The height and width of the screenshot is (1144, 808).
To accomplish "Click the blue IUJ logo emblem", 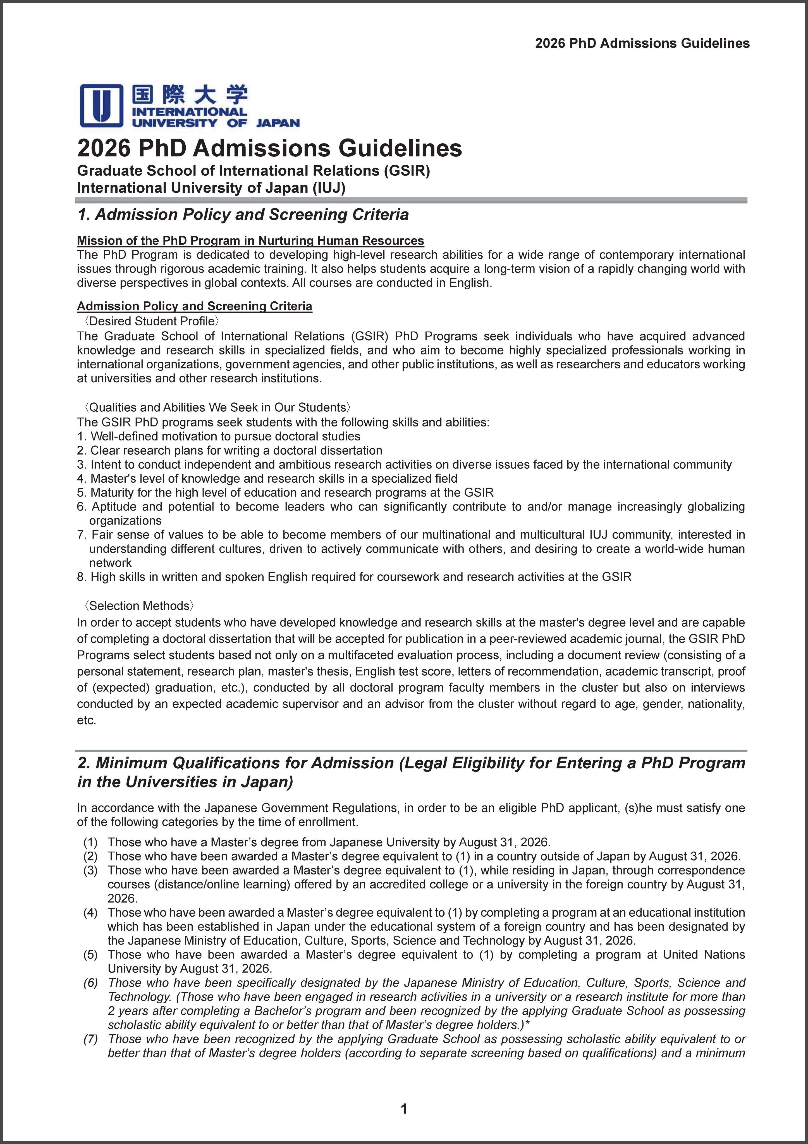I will (x=102, y=105).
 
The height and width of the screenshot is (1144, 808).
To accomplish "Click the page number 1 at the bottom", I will (x=403, y=1109).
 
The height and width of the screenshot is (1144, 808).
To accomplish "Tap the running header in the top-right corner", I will (x=642, y=43).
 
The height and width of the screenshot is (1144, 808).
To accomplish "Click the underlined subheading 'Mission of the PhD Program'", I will (x=250, y=241).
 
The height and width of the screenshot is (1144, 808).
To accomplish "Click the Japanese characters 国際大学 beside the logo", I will (x=189, y=95).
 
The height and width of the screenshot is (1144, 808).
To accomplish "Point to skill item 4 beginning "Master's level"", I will (x=267, y=478).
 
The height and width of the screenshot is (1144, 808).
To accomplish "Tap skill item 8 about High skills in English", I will (x=354, y=576).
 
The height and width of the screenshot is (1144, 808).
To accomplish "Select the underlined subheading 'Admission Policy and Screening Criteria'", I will (x=194, y=306).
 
